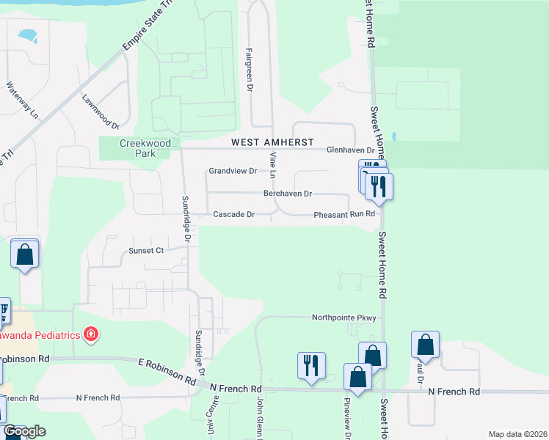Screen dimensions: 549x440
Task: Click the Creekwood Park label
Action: coord(145,149)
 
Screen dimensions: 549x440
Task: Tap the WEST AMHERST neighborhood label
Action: coord(272,142)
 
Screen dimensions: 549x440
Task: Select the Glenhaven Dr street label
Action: coord(355,150)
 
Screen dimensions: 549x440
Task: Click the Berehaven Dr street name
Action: coord(288,194)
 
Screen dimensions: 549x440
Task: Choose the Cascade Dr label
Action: coord(233,215)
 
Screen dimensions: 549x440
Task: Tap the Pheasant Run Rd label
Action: coord(344,215)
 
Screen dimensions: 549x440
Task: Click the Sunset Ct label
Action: coord(146,250)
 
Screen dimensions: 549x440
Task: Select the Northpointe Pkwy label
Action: coord(343,318)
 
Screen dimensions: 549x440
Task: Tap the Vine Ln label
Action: coord(272,166)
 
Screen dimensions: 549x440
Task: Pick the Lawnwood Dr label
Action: coord(101,108)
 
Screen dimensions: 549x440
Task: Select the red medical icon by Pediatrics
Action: coord(91,335)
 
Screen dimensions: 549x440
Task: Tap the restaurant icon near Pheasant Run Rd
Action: coord(379,186)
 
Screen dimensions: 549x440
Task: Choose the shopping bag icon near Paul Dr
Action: coord(425,344)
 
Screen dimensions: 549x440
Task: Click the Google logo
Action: coord(24,431)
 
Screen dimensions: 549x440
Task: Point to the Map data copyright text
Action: coord(517,434)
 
